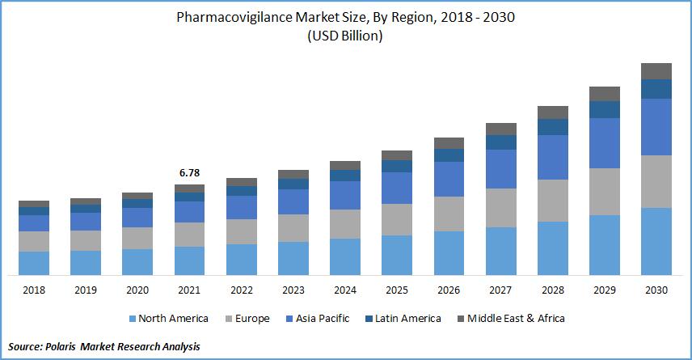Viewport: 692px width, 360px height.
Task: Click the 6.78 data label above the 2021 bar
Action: point(189,172)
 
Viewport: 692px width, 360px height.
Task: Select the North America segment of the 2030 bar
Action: point(656,241)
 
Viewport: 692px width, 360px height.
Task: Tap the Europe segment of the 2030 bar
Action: point(656,181)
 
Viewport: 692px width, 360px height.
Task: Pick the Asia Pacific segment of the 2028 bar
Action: point(553,157)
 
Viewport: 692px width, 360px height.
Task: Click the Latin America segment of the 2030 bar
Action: point(656,89)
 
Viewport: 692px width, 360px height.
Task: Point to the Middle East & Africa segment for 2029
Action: point(605,93)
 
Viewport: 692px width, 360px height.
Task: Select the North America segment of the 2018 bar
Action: point(34,263)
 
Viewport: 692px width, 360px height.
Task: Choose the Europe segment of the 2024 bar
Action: point(345,224)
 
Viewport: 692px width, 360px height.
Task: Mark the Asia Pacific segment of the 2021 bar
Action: point(189,212)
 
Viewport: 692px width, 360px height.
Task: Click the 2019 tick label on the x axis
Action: point(86,290)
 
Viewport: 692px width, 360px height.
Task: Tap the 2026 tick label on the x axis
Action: point(449,290)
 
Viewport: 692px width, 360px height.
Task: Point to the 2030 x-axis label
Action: point(656,290)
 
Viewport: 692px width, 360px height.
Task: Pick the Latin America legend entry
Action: point(405,319)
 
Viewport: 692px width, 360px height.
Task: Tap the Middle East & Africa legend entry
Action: point(513,319)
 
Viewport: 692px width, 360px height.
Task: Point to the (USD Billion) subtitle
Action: point(345,36)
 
